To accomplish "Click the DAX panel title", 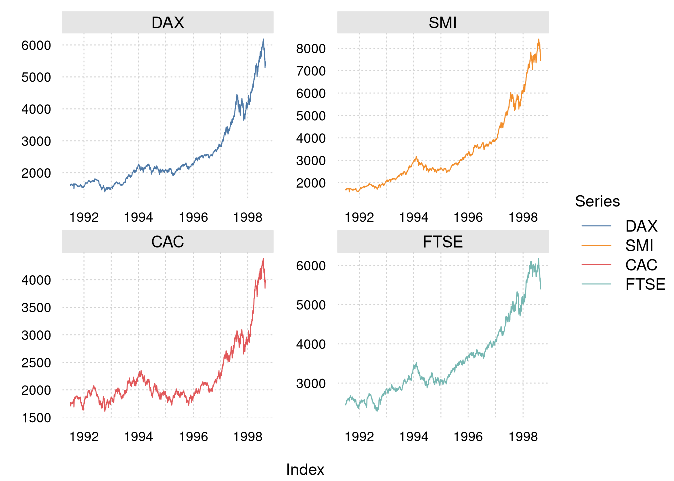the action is click(x=167, y=23).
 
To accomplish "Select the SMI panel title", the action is click(x=443, y=23).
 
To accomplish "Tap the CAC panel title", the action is click(x=167, y=242).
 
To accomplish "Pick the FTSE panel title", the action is click(x=443, y=242).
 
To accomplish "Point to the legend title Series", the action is click(x=597, y=201).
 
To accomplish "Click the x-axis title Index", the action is click(x=305, y=469).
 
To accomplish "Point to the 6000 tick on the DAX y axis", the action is click(x=36, y=46).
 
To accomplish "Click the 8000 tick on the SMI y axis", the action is click(x=311, y=49).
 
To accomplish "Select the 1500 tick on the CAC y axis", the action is click(x=36, y=418).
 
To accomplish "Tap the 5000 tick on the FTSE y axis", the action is click(x=311, y=305).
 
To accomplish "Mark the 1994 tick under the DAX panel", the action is click(x=139, y=217).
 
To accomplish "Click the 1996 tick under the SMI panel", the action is click(x=468, y=217).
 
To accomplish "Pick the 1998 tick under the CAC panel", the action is click(x=248, y=437).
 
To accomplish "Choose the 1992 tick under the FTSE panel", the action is click(x=359, y=437).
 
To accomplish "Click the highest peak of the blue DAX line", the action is click(x=263, y=39).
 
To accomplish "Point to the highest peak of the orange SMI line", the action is click(x=539, y=39).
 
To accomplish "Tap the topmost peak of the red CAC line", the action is click(x=263, y=258).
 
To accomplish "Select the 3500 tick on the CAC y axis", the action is click(x=36, y=308).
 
